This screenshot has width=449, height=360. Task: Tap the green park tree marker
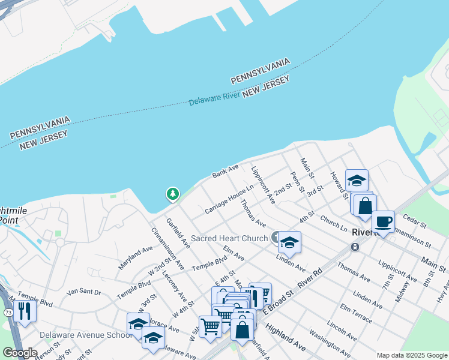point(173,194)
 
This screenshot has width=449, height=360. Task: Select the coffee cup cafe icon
point(384,222)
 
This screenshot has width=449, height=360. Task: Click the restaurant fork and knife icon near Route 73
point(25,311)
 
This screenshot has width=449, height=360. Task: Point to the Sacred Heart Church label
point(230,239)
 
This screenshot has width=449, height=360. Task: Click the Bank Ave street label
point(225,172)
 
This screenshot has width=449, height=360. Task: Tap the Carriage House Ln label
point(229,200)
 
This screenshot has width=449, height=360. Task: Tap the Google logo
point(19,353)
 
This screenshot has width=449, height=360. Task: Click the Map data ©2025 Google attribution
point(412,355)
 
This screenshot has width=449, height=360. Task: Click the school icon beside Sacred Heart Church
point(290,242)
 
